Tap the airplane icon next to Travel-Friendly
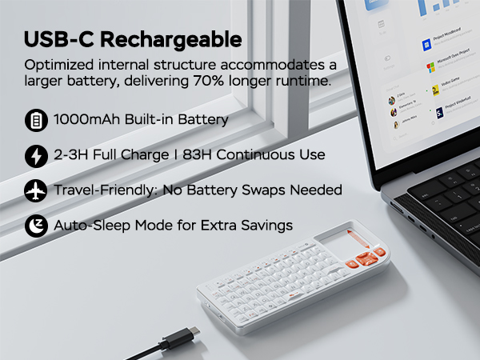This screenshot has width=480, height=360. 36,190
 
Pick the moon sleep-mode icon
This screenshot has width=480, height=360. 36,225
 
